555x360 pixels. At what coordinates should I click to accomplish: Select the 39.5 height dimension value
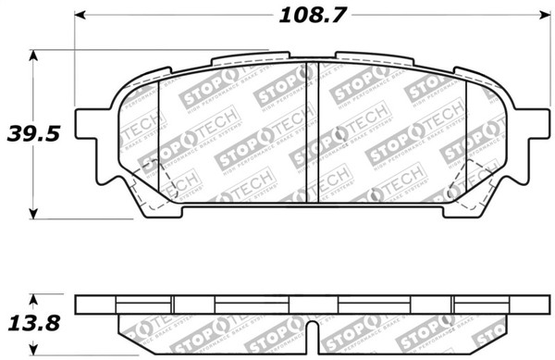point(34,133)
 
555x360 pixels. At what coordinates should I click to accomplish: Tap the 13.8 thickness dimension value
point(34,323)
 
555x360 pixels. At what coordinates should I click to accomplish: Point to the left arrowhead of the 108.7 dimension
point(80,16)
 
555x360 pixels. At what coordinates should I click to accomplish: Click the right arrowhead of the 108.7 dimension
point(543,16)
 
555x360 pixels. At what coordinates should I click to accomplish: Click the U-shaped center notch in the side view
point(313,332)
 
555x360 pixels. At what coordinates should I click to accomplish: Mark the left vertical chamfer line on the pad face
point(160,139)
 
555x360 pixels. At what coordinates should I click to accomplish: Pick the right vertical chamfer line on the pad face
point(466,139)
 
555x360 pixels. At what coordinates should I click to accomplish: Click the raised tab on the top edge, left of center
point(239,59)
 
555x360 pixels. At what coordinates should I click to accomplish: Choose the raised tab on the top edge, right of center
point(374,58)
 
